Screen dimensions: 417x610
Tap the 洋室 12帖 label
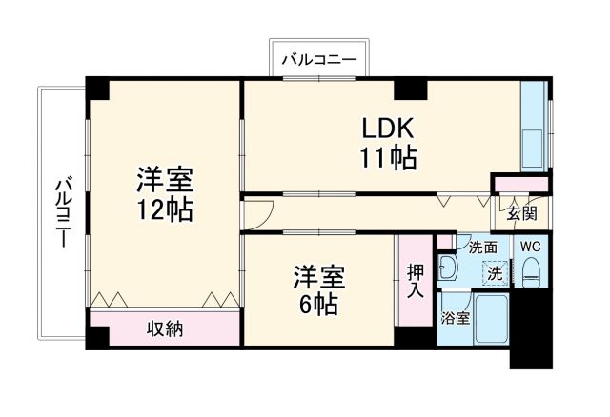pos(164,194)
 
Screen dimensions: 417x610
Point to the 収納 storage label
pos(165,329)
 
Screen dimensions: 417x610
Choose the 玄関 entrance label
pos(520,213)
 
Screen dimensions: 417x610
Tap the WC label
pos(531,247)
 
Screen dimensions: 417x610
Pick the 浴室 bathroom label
pos(455,318)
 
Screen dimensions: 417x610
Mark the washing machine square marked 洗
pos(495,271)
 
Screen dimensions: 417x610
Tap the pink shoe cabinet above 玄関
pos(520,183)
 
